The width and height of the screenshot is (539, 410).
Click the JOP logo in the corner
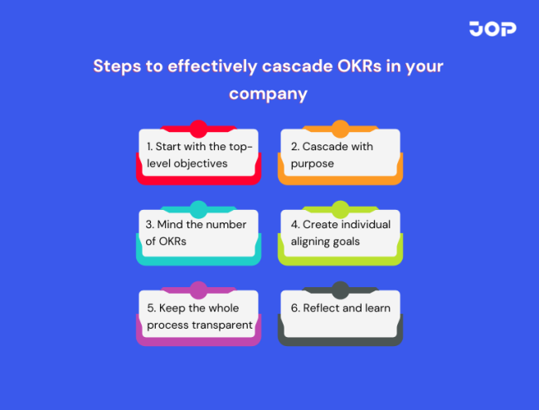pyautogui.click(x=492, y=29)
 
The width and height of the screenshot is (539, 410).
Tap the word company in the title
pyautogui.click(x=268, y=93)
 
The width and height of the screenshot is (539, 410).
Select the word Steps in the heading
pyautogui.click(x=117, y=66)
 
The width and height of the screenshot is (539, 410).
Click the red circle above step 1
pyautogui.click(x=198, y=129)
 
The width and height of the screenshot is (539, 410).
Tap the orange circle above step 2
pyautogui.click(x=340, y=129)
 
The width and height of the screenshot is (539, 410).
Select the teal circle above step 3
pyautogui.click(x=198, y=209)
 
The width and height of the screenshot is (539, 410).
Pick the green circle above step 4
pyautogui.click(x=340, y=209)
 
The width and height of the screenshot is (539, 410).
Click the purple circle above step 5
pyautogui.click(x=198, y=290)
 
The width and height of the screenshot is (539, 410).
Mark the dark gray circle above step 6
pyautogui.click(x=340, y=290)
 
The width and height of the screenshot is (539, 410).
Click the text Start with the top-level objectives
pyautogui.click(x=199, y=154)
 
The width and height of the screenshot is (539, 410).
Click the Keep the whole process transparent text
pyautogui.click(x=199, y=315)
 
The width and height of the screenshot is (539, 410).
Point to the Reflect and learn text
pyautogui.click(x=341, y=308)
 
